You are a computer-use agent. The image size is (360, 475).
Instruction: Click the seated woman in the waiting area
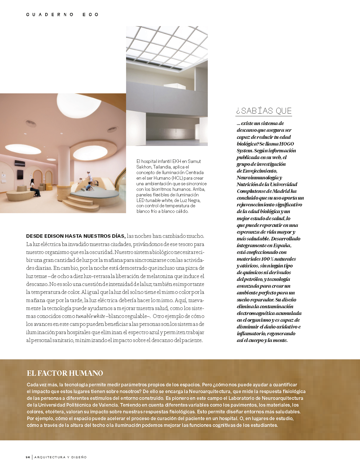[x=34, y=188]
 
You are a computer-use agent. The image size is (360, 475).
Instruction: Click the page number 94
[x=28, y=457]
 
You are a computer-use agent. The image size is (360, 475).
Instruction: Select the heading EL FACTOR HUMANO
[x=65, y=373]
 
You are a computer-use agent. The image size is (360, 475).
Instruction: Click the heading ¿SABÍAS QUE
[x=264, y=111]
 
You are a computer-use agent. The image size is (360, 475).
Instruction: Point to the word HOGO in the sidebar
[x=287, y=144]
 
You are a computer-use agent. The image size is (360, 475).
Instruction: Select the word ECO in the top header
[x=91, y=14]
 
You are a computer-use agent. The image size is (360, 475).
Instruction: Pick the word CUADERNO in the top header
[x=50, y=14]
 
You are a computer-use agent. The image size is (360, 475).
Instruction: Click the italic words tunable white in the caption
[x=159, y=200]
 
